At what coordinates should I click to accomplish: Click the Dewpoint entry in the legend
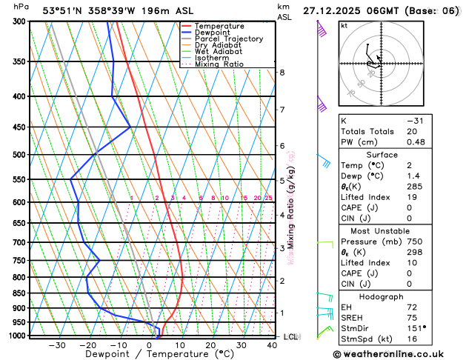213,33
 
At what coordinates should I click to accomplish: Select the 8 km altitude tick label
282,73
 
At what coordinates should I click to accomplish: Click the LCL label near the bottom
290,336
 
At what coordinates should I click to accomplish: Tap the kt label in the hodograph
344,25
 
